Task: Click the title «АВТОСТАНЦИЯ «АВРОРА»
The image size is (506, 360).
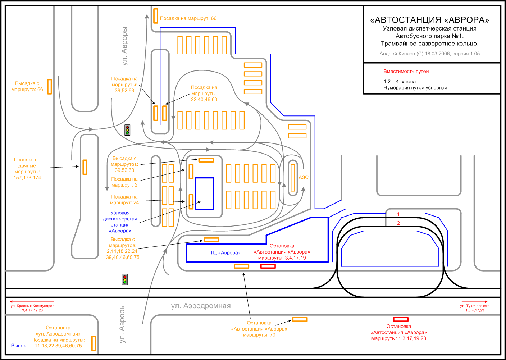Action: tap(429, 20)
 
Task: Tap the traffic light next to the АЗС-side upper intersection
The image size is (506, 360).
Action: tap(127, 130)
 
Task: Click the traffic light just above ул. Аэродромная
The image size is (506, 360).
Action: tap(125, 279)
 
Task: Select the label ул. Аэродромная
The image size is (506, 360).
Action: tap(201, 306)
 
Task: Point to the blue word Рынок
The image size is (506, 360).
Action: tap(18, 346)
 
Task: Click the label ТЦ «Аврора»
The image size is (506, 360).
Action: tap(225, 253)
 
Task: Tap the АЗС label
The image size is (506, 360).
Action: tap(304, 177)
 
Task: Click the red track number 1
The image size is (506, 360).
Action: tap(398, 214)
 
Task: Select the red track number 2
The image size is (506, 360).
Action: tap(398, 223)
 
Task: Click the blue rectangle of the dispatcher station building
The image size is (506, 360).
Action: tap(204, 193)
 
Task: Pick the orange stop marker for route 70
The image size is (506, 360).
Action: tap(300, 319)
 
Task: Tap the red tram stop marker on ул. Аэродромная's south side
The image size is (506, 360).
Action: tap(401, 319)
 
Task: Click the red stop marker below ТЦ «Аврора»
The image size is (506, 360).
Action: tap(268, 266)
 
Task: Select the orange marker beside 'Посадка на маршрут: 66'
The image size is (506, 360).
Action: tap(155, 16)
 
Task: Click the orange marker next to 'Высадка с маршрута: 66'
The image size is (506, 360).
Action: tap(50, 86)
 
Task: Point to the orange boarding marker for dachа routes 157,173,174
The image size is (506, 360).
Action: tap(85, 167)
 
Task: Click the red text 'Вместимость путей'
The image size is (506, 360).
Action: tap(406, 72)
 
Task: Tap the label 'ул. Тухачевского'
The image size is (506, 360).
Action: tap(475, 306)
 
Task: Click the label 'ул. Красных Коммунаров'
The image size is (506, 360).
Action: tap(32, 306)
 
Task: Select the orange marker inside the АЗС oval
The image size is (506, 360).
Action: tap(293, 178)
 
